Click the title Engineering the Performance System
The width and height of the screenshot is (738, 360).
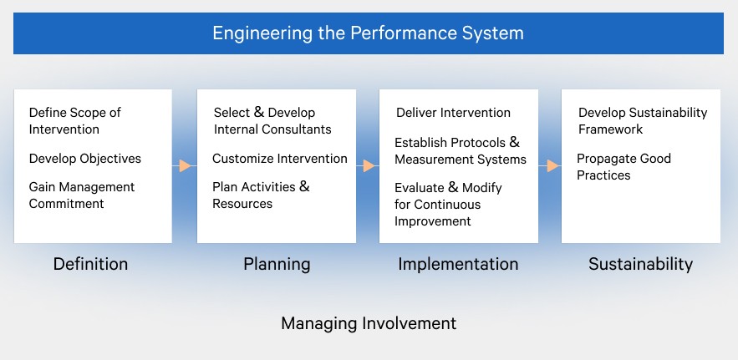click(x=368, y=33)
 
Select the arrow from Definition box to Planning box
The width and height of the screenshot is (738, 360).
click(x=185, y=165)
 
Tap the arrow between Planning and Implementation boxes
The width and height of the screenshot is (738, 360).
click(x=368, y=165)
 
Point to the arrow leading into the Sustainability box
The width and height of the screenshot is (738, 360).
click(x=550, y=165)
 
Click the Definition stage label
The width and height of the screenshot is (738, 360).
click(x=90, y=264)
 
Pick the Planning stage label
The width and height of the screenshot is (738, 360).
click(x=277, y=264)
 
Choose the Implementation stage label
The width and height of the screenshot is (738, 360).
click(x=458, y=264)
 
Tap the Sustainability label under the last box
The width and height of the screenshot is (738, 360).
click(x=640, y=264)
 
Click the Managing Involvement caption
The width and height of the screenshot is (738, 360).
click(x=369, y=323)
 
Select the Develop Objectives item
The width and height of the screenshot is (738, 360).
click(x=85, y=159)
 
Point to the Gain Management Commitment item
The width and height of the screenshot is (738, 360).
click(x=82, y=195)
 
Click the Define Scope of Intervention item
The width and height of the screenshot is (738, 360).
click(x=75, y=121)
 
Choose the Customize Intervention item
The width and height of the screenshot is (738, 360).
click(x=280, y=159)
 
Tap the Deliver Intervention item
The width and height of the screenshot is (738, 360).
click(x=453, y=113)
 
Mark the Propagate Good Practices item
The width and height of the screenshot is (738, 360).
click(x=623, y=166)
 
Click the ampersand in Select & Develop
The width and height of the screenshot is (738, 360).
click(x=259, y=112)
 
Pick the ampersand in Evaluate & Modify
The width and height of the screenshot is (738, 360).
click(x=453, y=187)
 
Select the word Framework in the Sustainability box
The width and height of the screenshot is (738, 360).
click(x=610, y=129)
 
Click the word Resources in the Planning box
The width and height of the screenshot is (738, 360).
click(x=242, y=204)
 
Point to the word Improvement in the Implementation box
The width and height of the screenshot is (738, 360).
click(x=433, y=221)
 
